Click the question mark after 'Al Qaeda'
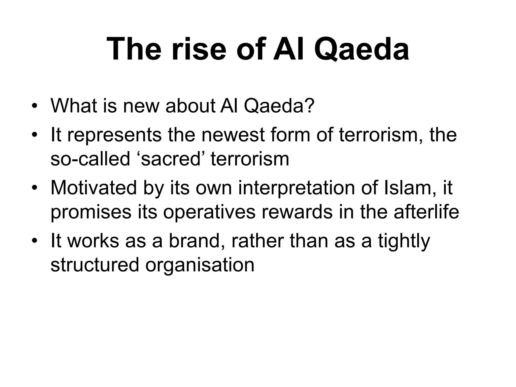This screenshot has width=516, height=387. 310,106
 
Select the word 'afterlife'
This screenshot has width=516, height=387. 426,212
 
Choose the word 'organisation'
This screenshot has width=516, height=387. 200,265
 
